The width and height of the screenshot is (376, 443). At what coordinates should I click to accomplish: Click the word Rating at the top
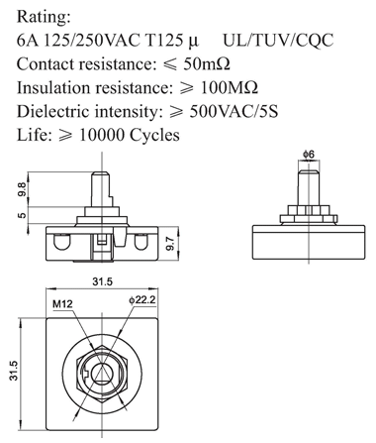click(x=44, y=17)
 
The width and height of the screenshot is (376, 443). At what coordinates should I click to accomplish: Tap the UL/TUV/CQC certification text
click(x=278, y=41)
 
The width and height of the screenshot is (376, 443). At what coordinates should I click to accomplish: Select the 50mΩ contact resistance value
click(x=207, y=63)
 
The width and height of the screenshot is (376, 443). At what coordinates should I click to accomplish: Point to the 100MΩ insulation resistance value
click(x=230, y=87)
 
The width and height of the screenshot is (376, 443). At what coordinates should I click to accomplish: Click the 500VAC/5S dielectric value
click(x=234, y=111)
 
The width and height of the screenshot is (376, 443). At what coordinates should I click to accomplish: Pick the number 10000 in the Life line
click(x=102, y=135)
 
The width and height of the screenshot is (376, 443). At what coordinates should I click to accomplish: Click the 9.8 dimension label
click(x=22, y=189)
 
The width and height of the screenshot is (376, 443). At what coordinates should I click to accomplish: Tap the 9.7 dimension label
click(x=171, y=243)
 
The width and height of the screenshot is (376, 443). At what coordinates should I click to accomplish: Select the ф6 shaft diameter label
click(x=309, y=154)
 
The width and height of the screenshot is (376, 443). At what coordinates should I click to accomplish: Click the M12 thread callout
click(x=62, y=303)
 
